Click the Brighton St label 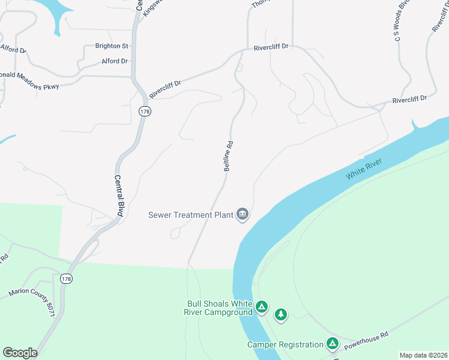[x=112, y=46]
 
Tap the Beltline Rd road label [x=228, y=156]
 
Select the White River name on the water [x=364, y=170]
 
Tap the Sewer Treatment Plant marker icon [x=243, y=214]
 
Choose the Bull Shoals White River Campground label [x=219, y=308]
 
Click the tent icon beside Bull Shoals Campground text [x=261, y=307]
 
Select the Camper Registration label [x=285, y=344]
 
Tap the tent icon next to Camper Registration [x=333, y=344]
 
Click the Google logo [x=20, y=353]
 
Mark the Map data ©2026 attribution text [x=423, y=355]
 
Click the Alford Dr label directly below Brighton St [x=115, y=61]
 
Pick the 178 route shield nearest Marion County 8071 [x=66, y=278]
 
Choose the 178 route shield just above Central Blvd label [x=143, y=111]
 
